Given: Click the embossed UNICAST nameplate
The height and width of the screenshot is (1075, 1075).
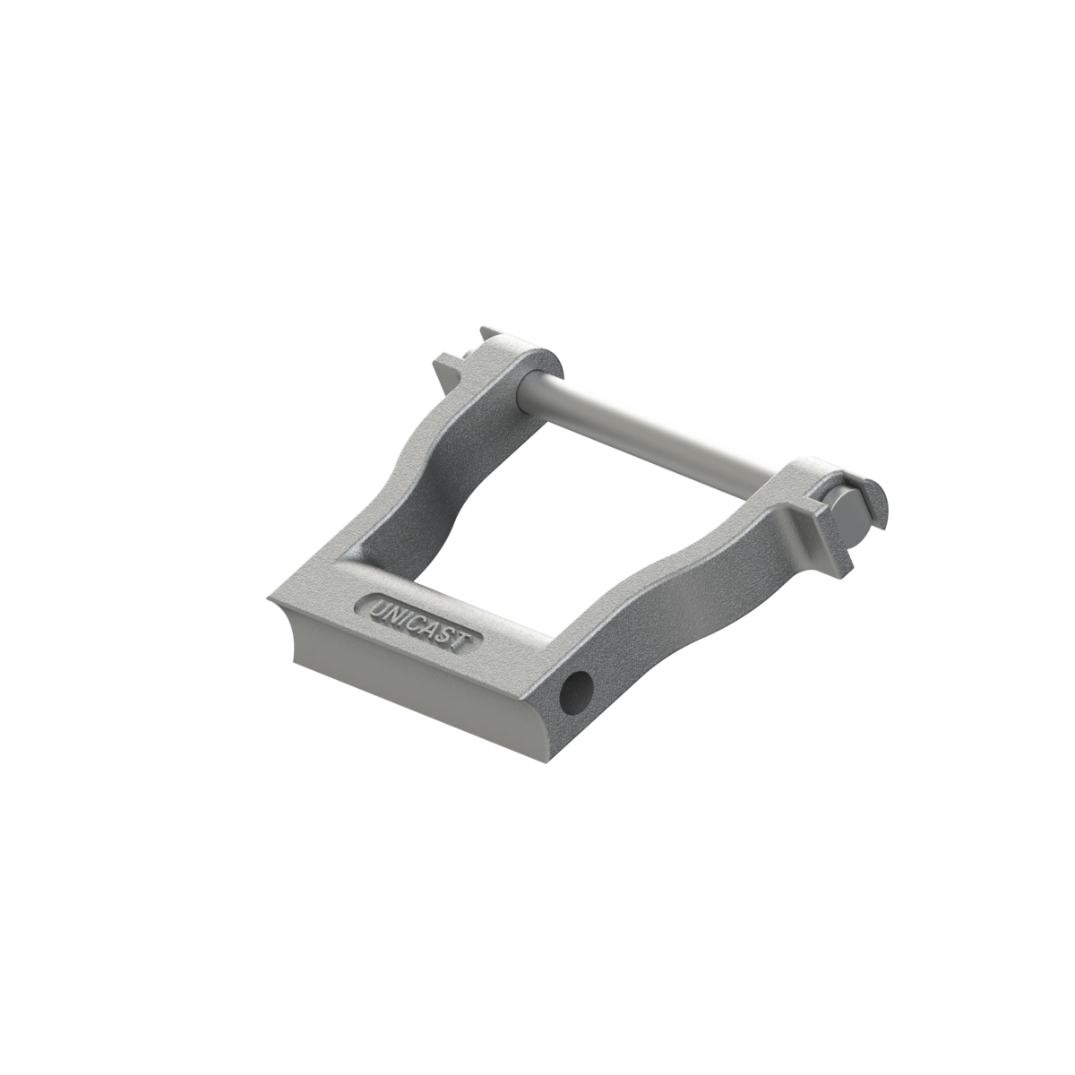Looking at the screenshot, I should (419, 623).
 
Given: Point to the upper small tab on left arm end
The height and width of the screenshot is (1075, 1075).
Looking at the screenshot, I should (489, 335).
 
